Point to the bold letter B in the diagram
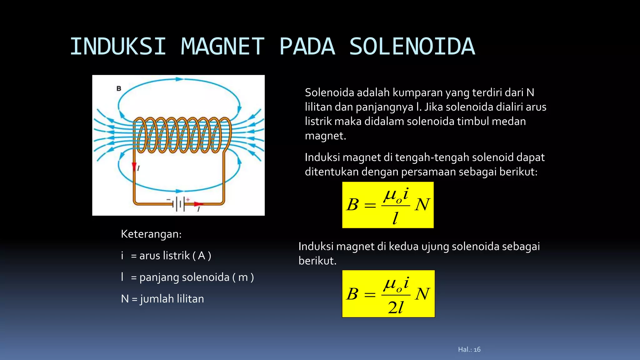click(x=119, y=89)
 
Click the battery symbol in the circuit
click(x=179, y=204)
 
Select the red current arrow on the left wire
click(x=134, y=167)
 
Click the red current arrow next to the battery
click(x=198, y=204)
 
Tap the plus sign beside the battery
click(x=188, y=199)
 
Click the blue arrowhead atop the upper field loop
click(x=179, y=79)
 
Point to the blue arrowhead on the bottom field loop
click(x=179, y=191)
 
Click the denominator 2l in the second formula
click(x=396, y=308)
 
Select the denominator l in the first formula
click(x=395, y=218)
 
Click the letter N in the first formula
click(x=422, y=205)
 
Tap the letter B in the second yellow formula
click(x=352, y=294)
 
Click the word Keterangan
click(x=151, y=234)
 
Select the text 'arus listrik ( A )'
click(x=175, y=256)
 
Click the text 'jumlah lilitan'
click(x=172, y=299)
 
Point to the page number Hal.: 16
click(x=469, y=349)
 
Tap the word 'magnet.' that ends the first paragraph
click(x=325, y=136)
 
